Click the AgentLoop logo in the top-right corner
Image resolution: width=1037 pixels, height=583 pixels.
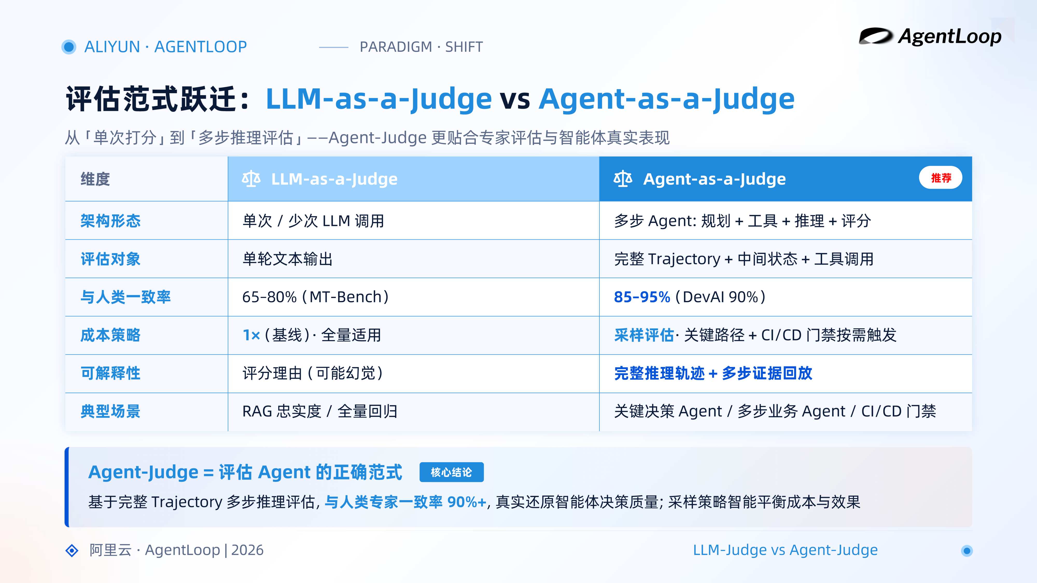[930, 37]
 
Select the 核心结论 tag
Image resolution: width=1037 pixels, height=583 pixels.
[451, 472]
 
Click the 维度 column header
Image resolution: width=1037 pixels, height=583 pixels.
[95, 179]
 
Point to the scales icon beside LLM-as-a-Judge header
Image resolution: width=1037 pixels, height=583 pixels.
[251, 179]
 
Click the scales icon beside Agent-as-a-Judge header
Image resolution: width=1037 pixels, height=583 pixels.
[623, 179]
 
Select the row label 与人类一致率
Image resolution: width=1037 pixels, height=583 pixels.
[125, 297]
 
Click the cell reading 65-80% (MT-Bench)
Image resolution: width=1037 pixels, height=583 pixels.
[316, 297]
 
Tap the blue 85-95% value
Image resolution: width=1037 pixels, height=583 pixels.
[642, 297]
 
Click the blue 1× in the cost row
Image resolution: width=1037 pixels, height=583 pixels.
[251, 335]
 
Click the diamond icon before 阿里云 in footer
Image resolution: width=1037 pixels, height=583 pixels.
[72, 550]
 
